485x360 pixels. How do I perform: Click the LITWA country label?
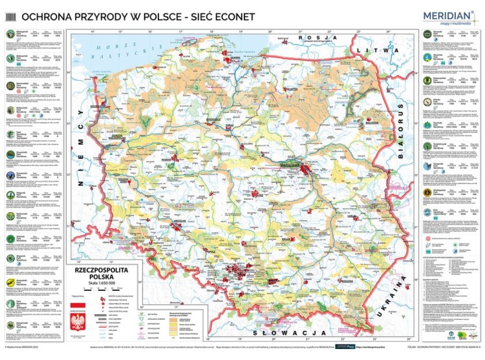[387, 50]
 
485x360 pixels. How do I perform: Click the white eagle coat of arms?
[81, 323]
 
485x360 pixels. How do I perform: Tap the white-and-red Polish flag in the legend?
[81, 301]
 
